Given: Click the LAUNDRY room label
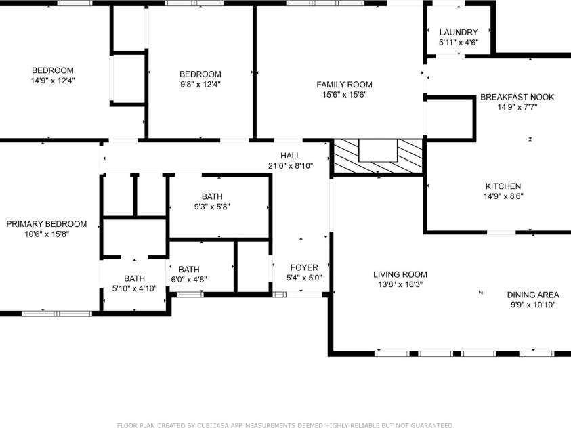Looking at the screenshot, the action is pyautogui.click(x=459, y=32).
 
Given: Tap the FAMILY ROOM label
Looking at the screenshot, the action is pyautogui.click(x=344, y=85).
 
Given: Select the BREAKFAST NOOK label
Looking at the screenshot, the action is pyautogui.click(x=517, y=97).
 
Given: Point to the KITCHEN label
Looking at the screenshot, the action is pyautogui.click(x=503, y=186).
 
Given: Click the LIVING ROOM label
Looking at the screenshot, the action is pyautogui.click(x=400, y=274).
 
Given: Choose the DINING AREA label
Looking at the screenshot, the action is pyautogui.click(x=533, y=295).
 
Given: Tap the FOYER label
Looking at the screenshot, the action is pyautogui.click(x=304, y=268).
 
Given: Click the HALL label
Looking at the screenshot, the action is pyautogui.click(x=291, y=156).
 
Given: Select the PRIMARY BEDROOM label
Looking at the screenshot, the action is pyautogui.click(x=47, y=224).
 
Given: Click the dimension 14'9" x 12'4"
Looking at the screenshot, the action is pyautogui.click(x=53, y=81).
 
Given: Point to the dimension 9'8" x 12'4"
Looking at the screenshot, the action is pyautogui.click(x=200, y=84).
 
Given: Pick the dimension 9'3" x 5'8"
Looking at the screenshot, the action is pyautogui.click(x=212, y=207).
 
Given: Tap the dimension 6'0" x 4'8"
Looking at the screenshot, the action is pyautogui.click(x=189, y=280).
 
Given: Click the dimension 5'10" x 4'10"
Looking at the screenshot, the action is pyautogui.click(x=134, y=288).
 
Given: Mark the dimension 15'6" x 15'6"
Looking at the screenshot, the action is pyautogui.click(x=344, y=95).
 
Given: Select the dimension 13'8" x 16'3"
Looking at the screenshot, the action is pyautogui.click(x=400, y=284).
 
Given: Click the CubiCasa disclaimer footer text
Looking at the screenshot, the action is pyautogui.click(x=286, y=425).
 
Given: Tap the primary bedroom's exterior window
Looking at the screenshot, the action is pyautogui.click(x=57, y=314).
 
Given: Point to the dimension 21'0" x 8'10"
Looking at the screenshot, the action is pyautogui.click(x=291, y=166).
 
